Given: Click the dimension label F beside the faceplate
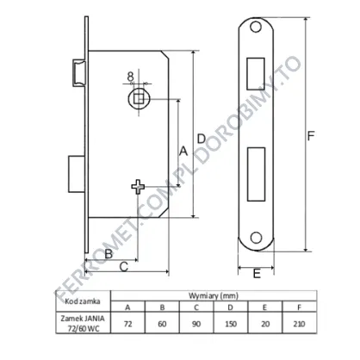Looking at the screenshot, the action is pyautogui.click(x=311, y=136).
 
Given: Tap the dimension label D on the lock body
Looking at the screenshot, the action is pyautogui.click(x=202, y=140).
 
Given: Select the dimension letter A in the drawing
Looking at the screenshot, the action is pyautogui.click(x=183, y=151).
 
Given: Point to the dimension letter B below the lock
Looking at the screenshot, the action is pyautogui.click(x=109, y=254).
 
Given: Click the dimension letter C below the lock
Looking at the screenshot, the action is pyautogui.click(x=124, y=267).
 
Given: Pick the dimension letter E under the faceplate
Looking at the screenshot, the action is pyautogui.click(x=257, y=273).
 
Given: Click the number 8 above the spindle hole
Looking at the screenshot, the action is pyautogui.click(x=131, y=77).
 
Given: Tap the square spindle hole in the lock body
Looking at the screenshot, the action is pyautogui.click(x=139, y=99).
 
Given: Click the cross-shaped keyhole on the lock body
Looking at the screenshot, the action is pyautogui.click(x=138, y=187).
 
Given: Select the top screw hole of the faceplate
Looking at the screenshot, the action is pyautogui.click(x=256, y=27).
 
